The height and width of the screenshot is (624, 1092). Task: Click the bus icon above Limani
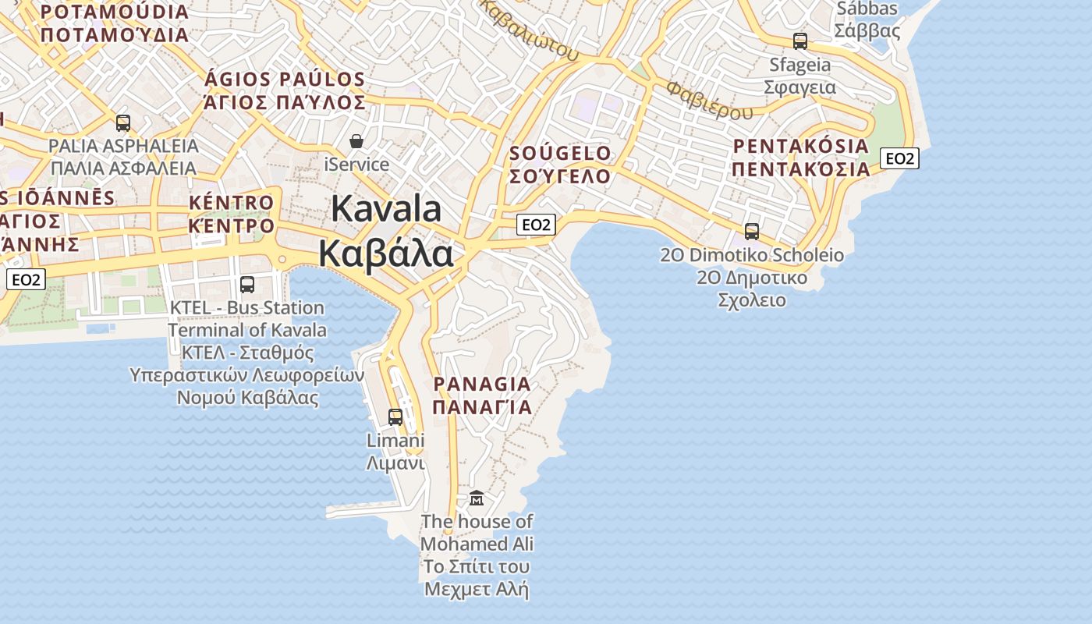(x=395, y=417)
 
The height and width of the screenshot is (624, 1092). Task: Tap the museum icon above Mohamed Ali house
(x=476, y=498)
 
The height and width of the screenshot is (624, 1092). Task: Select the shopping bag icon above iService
(x=356, y=141)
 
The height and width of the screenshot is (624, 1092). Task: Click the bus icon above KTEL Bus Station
(x=247, y=285)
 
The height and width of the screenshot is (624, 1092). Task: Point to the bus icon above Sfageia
(x=800, y=41)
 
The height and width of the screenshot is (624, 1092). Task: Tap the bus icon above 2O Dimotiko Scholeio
(x=752, y=232)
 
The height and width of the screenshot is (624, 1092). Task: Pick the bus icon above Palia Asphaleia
(x=123, y=122)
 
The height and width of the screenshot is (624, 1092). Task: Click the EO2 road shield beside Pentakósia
(x=899, y=158)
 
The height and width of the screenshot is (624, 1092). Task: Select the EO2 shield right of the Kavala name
(x=536, y=225)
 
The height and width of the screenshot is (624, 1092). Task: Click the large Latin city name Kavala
(x=386, y=209)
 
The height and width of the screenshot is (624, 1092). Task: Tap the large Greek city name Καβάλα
(x=385, y=253)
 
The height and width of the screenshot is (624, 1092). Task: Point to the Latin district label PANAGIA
(x=482, y=384)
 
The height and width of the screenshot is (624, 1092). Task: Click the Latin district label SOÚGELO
(x=560, y=153)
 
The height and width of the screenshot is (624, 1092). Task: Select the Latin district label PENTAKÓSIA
(x=801, y=146)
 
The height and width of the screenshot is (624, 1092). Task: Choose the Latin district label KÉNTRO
(x=232, y=203)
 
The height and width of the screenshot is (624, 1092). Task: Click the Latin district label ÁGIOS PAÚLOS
(x=285, y=80)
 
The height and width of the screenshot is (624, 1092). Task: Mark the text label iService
(x=356, y=165)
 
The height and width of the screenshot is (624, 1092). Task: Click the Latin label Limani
(x=395, y=440)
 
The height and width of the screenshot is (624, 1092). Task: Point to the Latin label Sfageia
(x=800, y=64)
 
